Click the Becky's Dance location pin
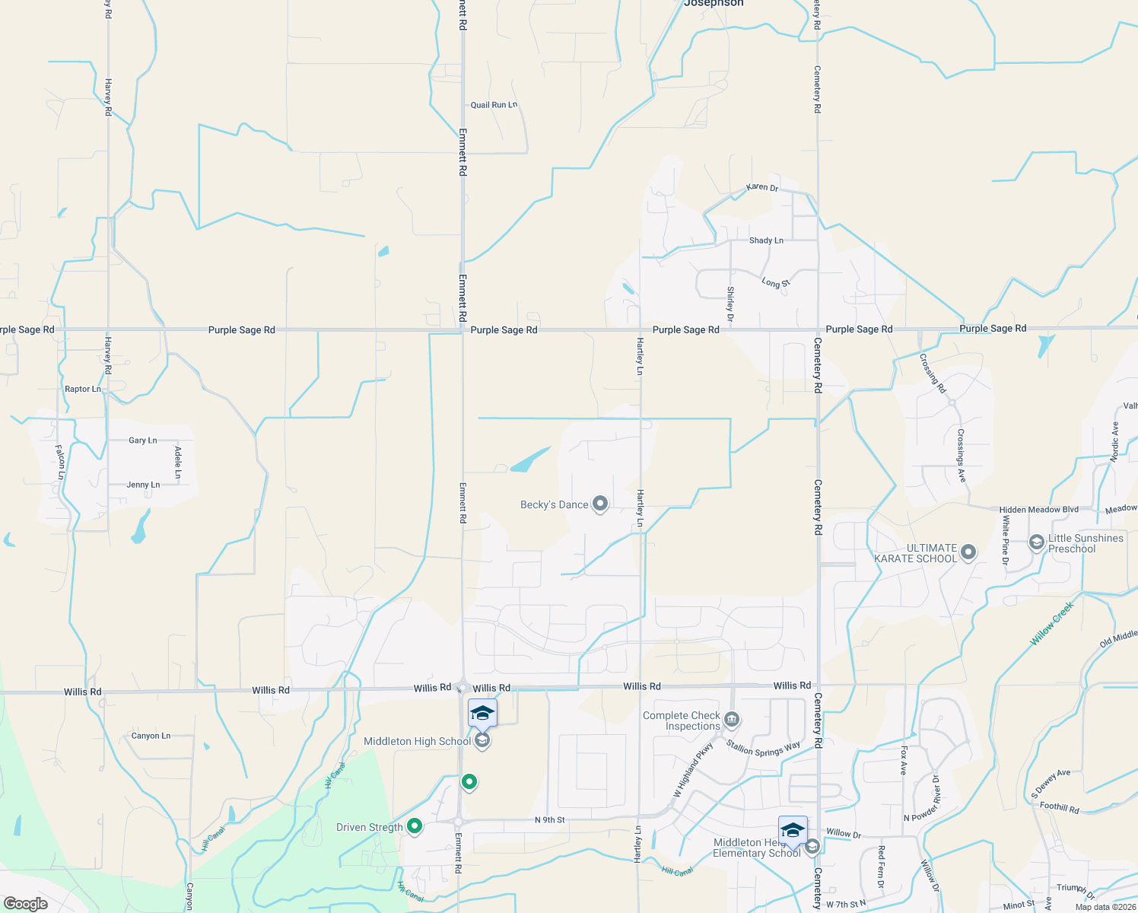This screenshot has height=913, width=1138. click(x=600, y=504)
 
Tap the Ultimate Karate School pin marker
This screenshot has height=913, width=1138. click(x=968, y=552)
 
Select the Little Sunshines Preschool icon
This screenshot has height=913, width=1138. click(x=1036, y=542)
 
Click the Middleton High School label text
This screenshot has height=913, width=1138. click(x=417, y=741)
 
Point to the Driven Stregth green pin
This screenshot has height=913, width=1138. click(x=415, y=826)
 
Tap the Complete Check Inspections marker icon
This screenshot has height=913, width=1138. click(x=732, y=719)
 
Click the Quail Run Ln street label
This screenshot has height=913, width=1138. click(x=494, y=105)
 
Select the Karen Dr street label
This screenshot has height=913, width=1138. click(x=762, y=187)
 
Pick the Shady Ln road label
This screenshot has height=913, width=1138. click(x=766, y=240)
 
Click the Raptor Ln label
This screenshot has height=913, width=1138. click(x=83, y=389)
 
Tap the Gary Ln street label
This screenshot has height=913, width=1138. click(x=143, y=441)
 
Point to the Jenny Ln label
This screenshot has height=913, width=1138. click(x=143, y=485)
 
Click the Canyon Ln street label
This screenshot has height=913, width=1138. click(x=151, y=736)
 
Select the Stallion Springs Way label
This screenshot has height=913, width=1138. click(x=763, y=749)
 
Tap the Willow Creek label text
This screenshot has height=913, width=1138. click(x=1051, y=624)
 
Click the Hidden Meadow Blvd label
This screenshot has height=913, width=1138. click(x=1039, y=510)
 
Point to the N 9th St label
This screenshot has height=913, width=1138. click(x=550, y=820)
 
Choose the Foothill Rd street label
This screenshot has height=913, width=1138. click(x=1059, y=807)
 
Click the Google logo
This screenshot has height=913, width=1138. click(x=26, y=904)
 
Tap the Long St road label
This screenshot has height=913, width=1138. click(x=776, y=283)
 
